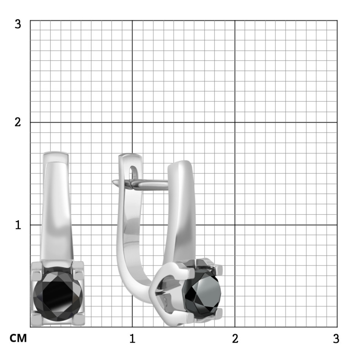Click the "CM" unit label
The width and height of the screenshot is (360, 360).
tap(18, 338)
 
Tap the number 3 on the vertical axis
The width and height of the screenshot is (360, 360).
tap(18, 24)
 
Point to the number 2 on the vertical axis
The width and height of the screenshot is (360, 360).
tap(18, 122)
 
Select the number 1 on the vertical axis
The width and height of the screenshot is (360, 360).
tap(18, 225)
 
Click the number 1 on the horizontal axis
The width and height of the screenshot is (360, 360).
tap(132, 338)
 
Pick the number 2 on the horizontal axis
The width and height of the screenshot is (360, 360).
tap(235, 338)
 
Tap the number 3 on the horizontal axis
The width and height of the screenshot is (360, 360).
tap(336, 338)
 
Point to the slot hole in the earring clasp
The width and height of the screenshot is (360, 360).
tap(132, 172)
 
